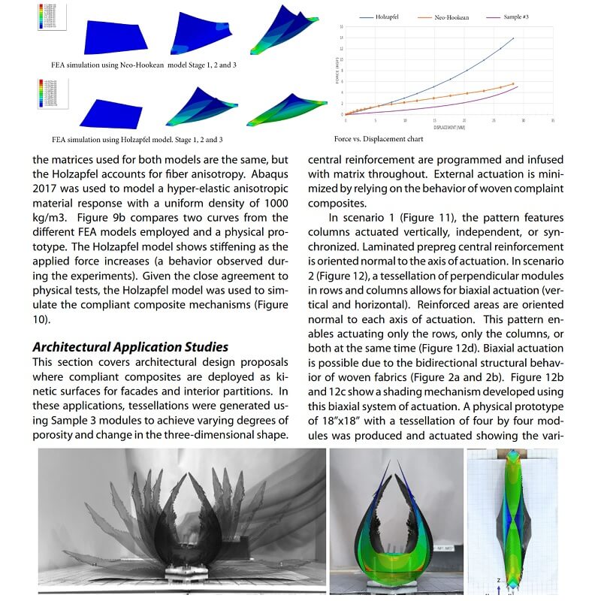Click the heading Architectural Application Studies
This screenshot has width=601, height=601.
tap(130, 346)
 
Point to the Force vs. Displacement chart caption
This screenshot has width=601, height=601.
tap(379, 139)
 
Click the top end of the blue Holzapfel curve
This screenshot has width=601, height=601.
tap(513, 38)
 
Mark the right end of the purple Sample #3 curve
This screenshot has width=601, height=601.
tap(518, 86)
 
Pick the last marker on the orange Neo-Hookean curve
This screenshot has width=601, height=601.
tap(512, 84)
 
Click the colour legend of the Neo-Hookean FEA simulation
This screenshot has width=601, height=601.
tap(47, 17)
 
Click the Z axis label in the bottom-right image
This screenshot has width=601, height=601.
tap(498, 580)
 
